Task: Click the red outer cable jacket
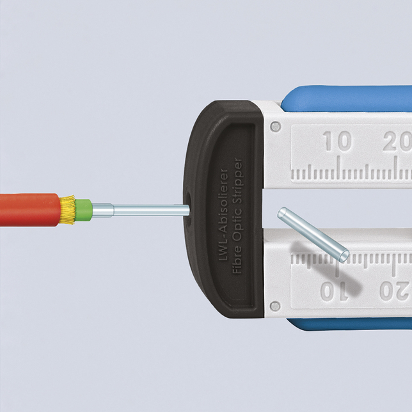(29, 210)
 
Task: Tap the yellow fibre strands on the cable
(68, 210)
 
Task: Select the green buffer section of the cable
(84, 210)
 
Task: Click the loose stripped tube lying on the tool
(313, 235)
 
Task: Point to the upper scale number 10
(337, 141)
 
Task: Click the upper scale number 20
(397, 141)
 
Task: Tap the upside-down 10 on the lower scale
(334, 291)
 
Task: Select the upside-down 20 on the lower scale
(395, 291)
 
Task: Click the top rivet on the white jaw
(275, 127)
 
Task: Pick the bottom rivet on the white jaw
(275, 306)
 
